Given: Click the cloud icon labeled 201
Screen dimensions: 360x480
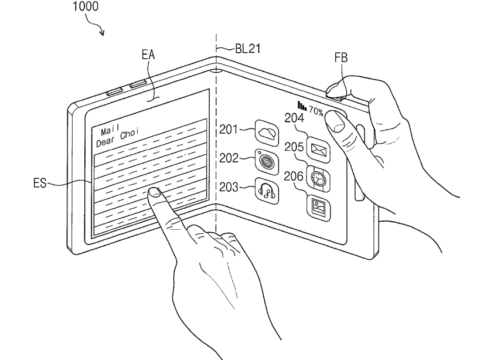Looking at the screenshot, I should [x=267, y=131].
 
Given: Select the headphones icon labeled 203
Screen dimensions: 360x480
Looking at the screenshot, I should [x=267, y=189].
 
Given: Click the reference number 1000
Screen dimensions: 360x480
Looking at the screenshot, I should [x=86, y=8].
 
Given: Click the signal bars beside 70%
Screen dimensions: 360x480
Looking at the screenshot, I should [x=302, y=106].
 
